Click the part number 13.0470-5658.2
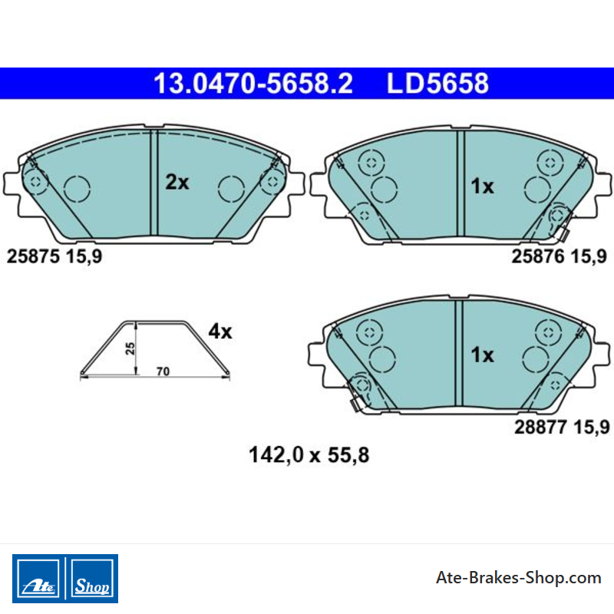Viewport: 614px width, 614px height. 253,84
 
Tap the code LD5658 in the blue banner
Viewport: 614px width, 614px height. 437,84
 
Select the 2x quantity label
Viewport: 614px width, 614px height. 177,182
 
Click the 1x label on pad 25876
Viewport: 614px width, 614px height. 482,186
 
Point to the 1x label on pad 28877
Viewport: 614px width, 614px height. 482,355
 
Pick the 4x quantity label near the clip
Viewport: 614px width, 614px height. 220,332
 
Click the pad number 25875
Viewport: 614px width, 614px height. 33,256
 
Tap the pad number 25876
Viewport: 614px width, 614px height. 538,256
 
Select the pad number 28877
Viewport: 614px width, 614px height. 540,427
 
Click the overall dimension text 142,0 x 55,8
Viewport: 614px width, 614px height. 309,455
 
